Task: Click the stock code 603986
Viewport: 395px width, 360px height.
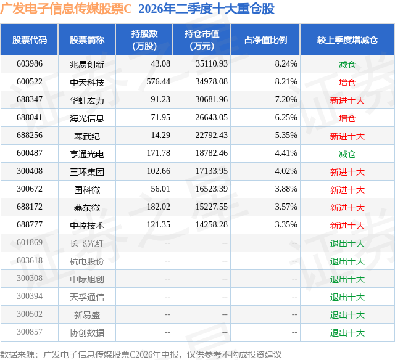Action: [30, 64]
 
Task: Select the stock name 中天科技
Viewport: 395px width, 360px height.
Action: [87, 83]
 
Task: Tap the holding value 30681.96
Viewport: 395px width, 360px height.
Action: [211, 100]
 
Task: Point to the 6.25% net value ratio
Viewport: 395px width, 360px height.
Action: [286, 118]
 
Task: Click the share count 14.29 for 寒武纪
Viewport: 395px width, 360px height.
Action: [160, 136]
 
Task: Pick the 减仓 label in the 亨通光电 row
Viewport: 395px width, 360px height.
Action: [347, 154]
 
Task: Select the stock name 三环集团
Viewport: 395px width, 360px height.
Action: [87, 172]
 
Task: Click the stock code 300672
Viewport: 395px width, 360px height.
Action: [30, 189]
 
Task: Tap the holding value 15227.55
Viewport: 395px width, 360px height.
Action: [211, 207]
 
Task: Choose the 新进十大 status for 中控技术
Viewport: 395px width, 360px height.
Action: [347, 226]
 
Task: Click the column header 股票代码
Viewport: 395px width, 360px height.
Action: [30, 39]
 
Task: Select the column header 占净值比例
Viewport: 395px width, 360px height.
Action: [265, 39]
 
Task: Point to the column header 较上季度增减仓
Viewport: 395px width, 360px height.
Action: [347, 39]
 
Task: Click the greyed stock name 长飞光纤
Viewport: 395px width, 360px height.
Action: [87, 243]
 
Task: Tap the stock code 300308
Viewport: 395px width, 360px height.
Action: [30, 278]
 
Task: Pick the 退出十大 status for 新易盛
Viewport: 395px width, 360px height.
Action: [347, 315]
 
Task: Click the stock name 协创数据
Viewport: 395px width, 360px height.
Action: [87, 333]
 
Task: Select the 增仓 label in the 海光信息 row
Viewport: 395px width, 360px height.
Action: [347, 118]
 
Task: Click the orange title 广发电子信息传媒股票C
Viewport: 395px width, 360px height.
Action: [66, 9]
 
